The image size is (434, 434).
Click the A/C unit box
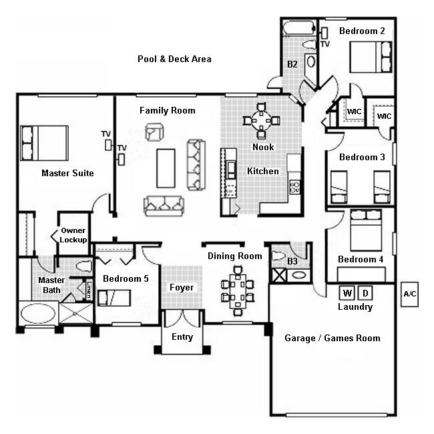click(x=409, y=294)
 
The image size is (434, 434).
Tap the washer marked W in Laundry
click(x=347, y=293)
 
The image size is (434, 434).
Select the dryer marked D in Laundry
click(x=365, y=293)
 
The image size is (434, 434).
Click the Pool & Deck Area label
click(x=174, y=59)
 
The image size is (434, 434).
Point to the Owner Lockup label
click(x=73, y=235)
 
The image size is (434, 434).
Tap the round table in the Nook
click(x=262, y=121)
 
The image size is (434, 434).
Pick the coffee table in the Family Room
click(x=166, y=168)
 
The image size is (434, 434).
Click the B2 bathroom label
click(x=292, y=65)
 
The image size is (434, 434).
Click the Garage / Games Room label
click(x=332, y=338)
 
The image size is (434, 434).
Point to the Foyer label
click(x=181, y=288)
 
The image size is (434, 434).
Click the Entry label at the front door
click(x=182, y=337)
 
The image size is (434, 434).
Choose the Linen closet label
click(x=89, y=288)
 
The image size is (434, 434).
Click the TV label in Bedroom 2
click(x=325, y=44)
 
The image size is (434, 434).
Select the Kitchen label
click(x=263, y=172)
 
